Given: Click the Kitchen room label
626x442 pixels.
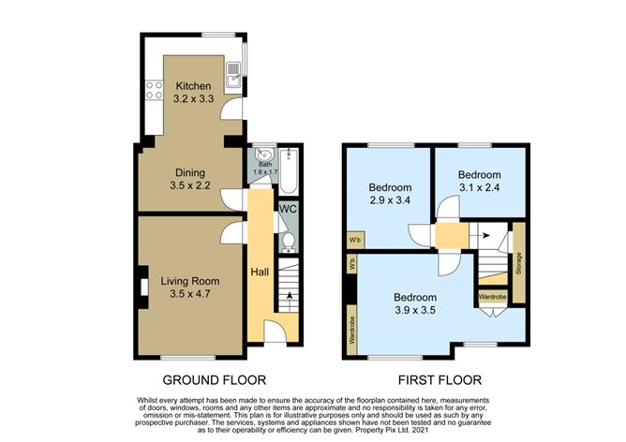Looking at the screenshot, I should pos(193,87).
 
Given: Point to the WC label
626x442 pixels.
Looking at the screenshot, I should pos(287,209).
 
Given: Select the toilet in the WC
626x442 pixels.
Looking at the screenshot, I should pos(288,241).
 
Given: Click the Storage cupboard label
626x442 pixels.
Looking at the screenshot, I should pos(518,265).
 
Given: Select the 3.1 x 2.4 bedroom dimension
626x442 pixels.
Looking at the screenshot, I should pos(479,188).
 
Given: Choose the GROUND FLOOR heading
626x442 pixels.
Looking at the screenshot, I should pos(215,380).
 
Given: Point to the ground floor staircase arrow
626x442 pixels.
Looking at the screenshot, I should pos(288,296).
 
